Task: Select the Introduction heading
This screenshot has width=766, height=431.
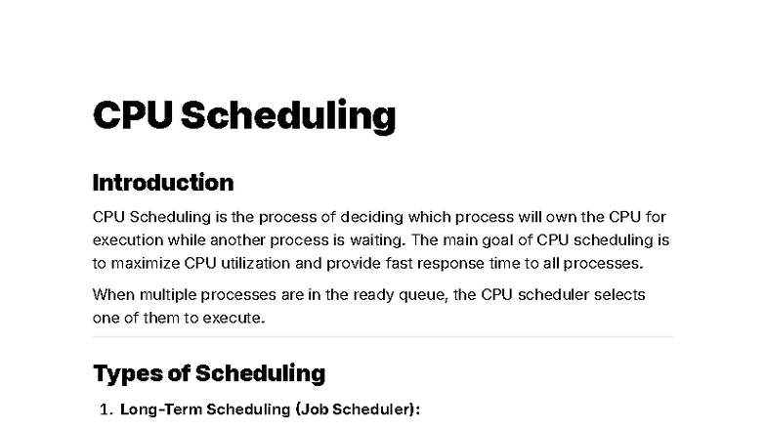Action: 162,183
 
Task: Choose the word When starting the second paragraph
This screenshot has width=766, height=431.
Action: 111,295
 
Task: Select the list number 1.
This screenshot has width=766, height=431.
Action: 106,410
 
